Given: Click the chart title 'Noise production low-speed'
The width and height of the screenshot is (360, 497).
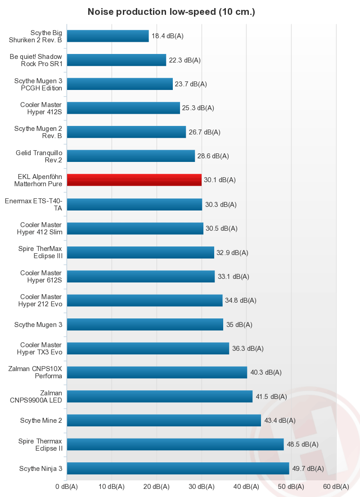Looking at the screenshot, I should (171, 12).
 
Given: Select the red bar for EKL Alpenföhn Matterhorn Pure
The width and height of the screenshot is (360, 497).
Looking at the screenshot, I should (134, 180).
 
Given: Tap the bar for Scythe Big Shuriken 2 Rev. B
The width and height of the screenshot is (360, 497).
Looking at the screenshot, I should (108, 36).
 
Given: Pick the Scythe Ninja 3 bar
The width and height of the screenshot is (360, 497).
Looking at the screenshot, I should (178, 468).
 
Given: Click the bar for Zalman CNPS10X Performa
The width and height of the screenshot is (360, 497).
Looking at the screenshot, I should (157, 372).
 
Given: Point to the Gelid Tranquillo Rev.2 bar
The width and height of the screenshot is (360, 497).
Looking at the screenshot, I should (130, 156).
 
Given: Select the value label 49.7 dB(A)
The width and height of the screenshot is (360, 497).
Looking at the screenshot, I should (308, 468).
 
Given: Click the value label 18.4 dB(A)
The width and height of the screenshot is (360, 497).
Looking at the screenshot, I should (167, 36).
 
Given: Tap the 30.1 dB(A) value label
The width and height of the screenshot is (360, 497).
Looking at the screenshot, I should (220, 180).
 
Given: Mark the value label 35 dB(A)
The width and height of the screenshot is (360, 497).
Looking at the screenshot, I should (239, 324).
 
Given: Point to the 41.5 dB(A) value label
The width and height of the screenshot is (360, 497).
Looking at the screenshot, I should (271, 396).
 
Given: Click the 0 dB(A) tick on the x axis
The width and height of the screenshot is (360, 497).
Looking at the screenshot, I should (67, 487).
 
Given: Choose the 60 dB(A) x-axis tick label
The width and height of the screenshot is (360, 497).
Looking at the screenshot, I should (336, 487).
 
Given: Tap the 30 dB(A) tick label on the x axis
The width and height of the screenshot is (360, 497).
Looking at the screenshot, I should (202, 487).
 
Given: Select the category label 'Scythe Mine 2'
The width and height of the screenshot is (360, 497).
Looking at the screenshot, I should (41, 421).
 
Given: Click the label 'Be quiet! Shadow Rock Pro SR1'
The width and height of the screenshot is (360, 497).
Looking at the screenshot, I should (36, 60).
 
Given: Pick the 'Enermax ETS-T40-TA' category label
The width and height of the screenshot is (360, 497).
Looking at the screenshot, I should (33, 204).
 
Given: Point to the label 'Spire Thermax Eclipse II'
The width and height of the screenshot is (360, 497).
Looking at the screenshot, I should (40, 444).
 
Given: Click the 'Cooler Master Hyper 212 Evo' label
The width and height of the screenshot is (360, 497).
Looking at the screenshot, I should (41, 300).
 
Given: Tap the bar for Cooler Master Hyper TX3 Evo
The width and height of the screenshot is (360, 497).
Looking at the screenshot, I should (148, 348).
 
